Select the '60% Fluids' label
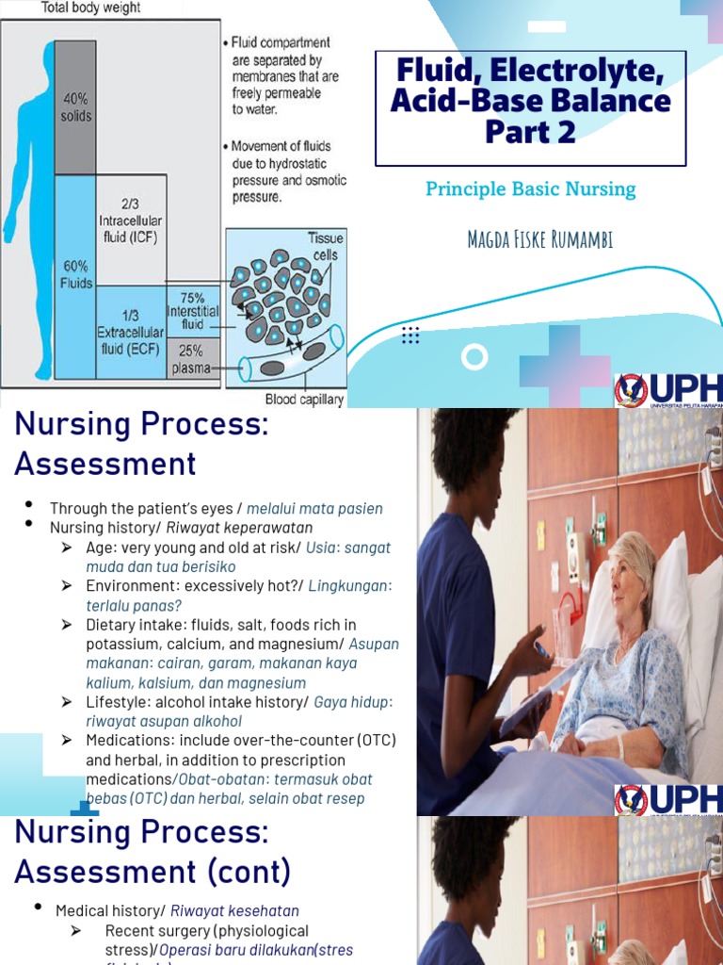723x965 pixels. tap(75, 274)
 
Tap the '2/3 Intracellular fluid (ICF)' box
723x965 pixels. tap(131, 221)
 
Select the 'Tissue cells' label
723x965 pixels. tap(326, 246)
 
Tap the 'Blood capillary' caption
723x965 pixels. tap(304, 399)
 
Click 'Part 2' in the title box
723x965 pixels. tap(530, 132)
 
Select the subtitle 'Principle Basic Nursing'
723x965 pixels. tap(530, 189)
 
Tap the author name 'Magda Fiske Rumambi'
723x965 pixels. tap(539, 239)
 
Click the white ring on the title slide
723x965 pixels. tap(474, 357)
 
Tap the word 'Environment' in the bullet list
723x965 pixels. tap(129, 586)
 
